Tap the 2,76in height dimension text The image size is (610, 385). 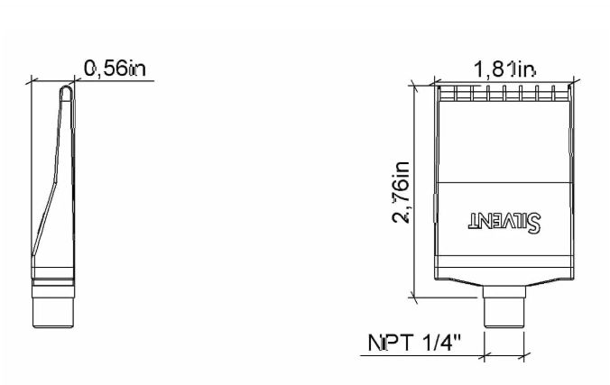[x=402, y=192]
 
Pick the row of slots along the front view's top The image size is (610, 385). [x=504, y=92]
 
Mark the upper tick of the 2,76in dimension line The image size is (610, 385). [x=414, y=86]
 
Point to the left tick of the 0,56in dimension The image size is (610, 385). [x=32, y=80]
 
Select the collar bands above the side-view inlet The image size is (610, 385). [x=53, y=283]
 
